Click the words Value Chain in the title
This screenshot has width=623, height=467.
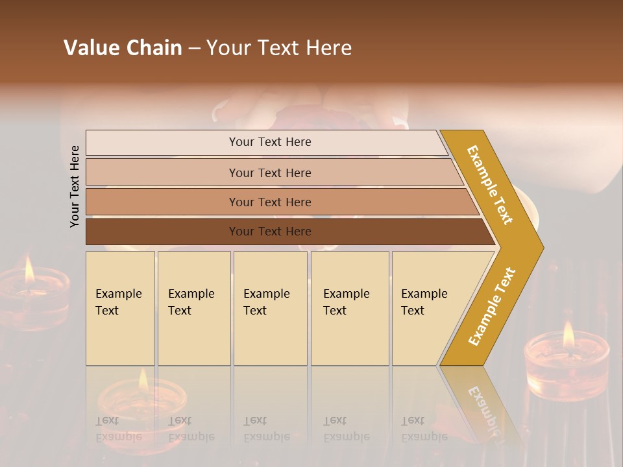tap(123, 48)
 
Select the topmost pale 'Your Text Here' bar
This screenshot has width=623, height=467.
tap(269, 142)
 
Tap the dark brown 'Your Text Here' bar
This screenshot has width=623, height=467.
tap(269, 232)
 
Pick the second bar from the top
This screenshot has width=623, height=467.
tap(269, 173)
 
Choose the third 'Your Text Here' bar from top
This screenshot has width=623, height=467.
tap(269, 202)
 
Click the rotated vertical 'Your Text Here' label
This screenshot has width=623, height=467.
tap(75, 187)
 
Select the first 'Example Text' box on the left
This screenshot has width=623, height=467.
tap(120, 308)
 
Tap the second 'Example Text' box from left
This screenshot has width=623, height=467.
tap(193, 308)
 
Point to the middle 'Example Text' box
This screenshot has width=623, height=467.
tap(270, 308)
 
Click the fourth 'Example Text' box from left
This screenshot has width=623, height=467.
tap(350, 308)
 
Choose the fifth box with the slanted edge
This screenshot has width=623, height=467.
tap(428, 308)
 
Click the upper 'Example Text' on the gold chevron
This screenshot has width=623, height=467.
tap(491, 185)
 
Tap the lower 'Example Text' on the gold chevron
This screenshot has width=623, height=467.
tap(492, 306)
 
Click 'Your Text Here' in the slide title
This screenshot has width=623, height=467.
tap(279, 48)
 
